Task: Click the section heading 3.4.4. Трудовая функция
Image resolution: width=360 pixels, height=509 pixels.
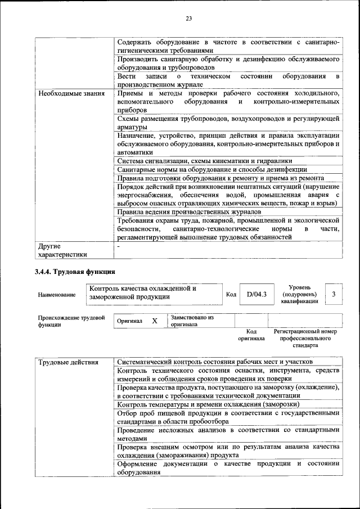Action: pyautogui.click(x=75, y=272)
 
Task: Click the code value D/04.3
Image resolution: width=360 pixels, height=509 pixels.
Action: pyautogui.click(x=256, y=294)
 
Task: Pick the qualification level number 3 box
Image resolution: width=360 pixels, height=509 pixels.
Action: pyautogui.click(x=334, y=294)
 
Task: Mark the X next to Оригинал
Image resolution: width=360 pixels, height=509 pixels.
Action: pyautogui.click(x=154, y=321)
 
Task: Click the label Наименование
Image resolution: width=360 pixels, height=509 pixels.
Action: pyautogui.click(x=57, y=294)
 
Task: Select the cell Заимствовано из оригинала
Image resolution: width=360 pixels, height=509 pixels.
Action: pyautogui.click(x=192, y=321)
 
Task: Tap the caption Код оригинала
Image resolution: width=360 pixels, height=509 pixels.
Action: pyautogui.click(x=251, y=335)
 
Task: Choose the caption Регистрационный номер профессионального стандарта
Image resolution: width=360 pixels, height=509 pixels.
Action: pyautogui.click(x=305, y=339)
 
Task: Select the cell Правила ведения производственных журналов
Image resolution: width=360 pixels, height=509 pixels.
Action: pyautogui.click(x=189, y=211)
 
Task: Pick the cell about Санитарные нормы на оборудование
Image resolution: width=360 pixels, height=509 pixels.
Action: pyautogui.click(x=212, y=169)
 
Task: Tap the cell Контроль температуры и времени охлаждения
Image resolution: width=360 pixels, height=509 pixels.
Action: pyautogui.click(x=208, y=404)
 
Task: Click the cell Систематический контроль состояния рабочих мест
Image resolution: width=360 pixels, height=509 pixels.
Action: pyautogui.click(x=215, y=362)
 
